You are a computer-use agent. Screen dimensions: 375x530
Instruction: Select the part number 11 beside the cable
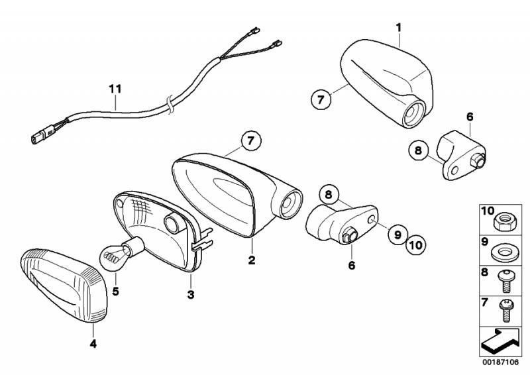coord(115,87)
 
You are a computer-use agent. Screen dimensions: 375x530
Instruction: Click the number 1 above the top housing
coord(399,27)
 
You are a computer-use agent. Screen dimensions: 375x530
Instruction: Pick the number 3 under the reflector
coord(190,294)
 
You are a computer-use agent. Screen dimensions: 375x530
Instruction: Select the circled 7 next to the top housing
coord(320,100)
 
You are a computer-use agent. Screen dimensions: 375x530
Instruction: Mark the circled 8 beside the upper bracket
coord(419,151)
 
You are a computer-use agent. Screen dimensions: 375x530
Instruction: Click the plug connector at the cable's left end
coord(37,138)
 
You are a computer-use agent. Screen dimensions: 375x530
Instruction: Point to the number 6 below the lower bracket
coord(352,266)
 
